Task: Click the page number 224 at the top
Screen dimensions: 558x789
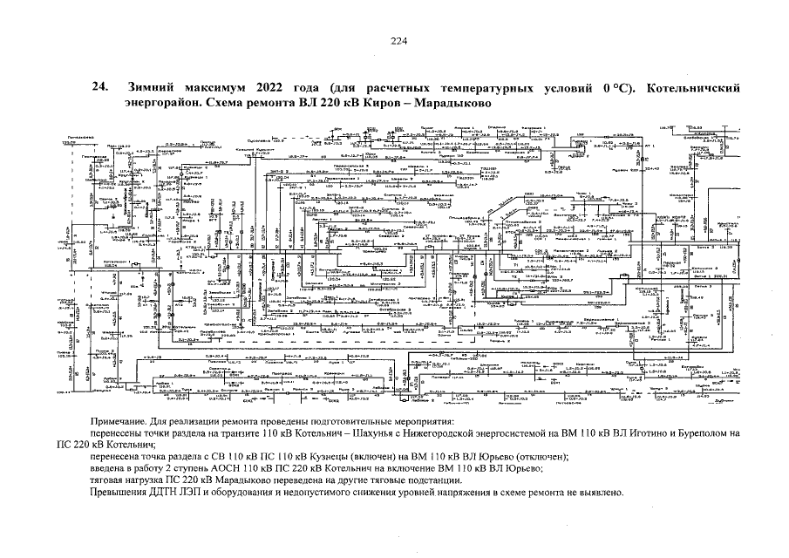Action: (x=398, y=41)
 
